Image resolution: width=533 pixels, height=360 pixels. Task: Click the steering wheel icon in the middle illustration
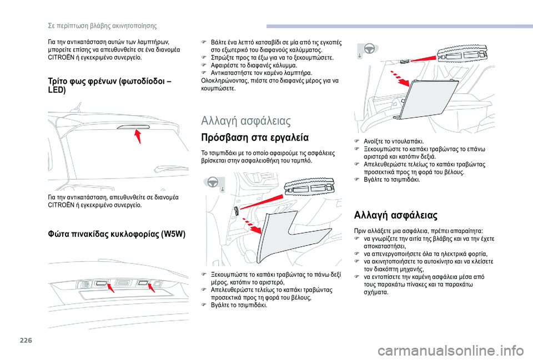212,183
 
